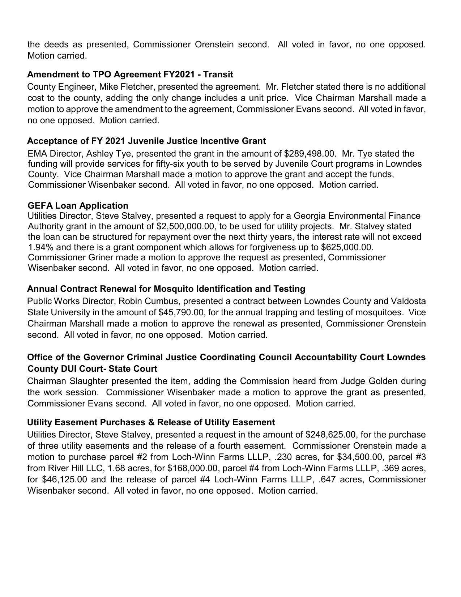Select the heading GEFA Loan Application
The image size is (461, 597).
click(78, 206)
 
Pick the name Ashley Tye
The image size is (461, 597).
click(109, 153)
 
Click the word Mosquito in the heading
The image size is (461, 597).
click(173, 289)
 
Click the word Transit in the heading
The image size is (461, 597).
click(218, 74)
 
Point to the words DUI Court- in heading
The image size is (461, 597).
click(81, 369)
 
